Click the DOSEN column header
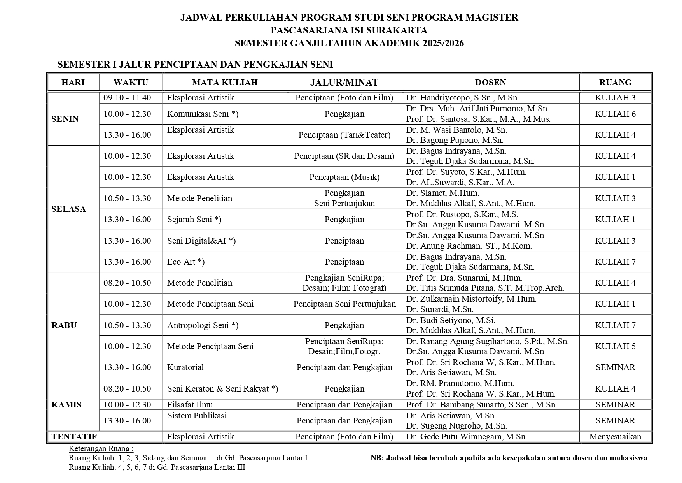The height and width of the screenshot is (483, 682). [x=490, y=83]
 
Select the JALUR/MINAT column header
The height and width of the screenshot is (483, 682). [x=344, y=83]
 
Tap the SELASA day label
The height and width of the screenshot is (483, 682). [x=68, y=209]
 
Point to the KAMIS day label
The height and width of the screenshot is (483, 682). [x=66, y=405]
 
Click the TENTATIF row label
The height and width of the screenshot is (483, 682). [x=74, y=437]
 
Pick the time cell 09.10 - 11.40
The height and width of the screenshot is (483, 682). [x=127, y=98]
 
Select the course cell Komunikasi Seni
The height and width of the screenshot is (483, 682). [x=203, y=114]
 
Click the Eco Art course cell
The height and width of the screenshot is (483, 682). [x=186, y=262]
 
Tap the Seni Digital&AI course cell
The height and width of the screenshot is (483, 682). [x=201, y=241]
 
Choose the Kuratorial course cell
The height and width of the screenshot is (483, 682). [x=185, y=367]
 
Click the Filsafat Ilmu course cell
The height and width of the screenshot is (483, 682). [x=190, y=405]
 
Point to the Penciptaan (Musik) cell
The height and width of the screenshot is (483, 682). [x=344, y=177]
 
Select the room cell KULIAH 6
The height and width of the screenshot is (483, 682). [x=615, y=114]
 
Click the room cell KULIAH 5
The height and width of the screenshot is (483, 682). [x=615, y=346]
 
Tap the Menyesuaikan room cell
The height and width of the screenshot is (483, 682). [x=615, y=437]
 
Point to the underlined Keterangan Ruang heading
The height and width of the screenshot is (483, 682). [x=101, y=448]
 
